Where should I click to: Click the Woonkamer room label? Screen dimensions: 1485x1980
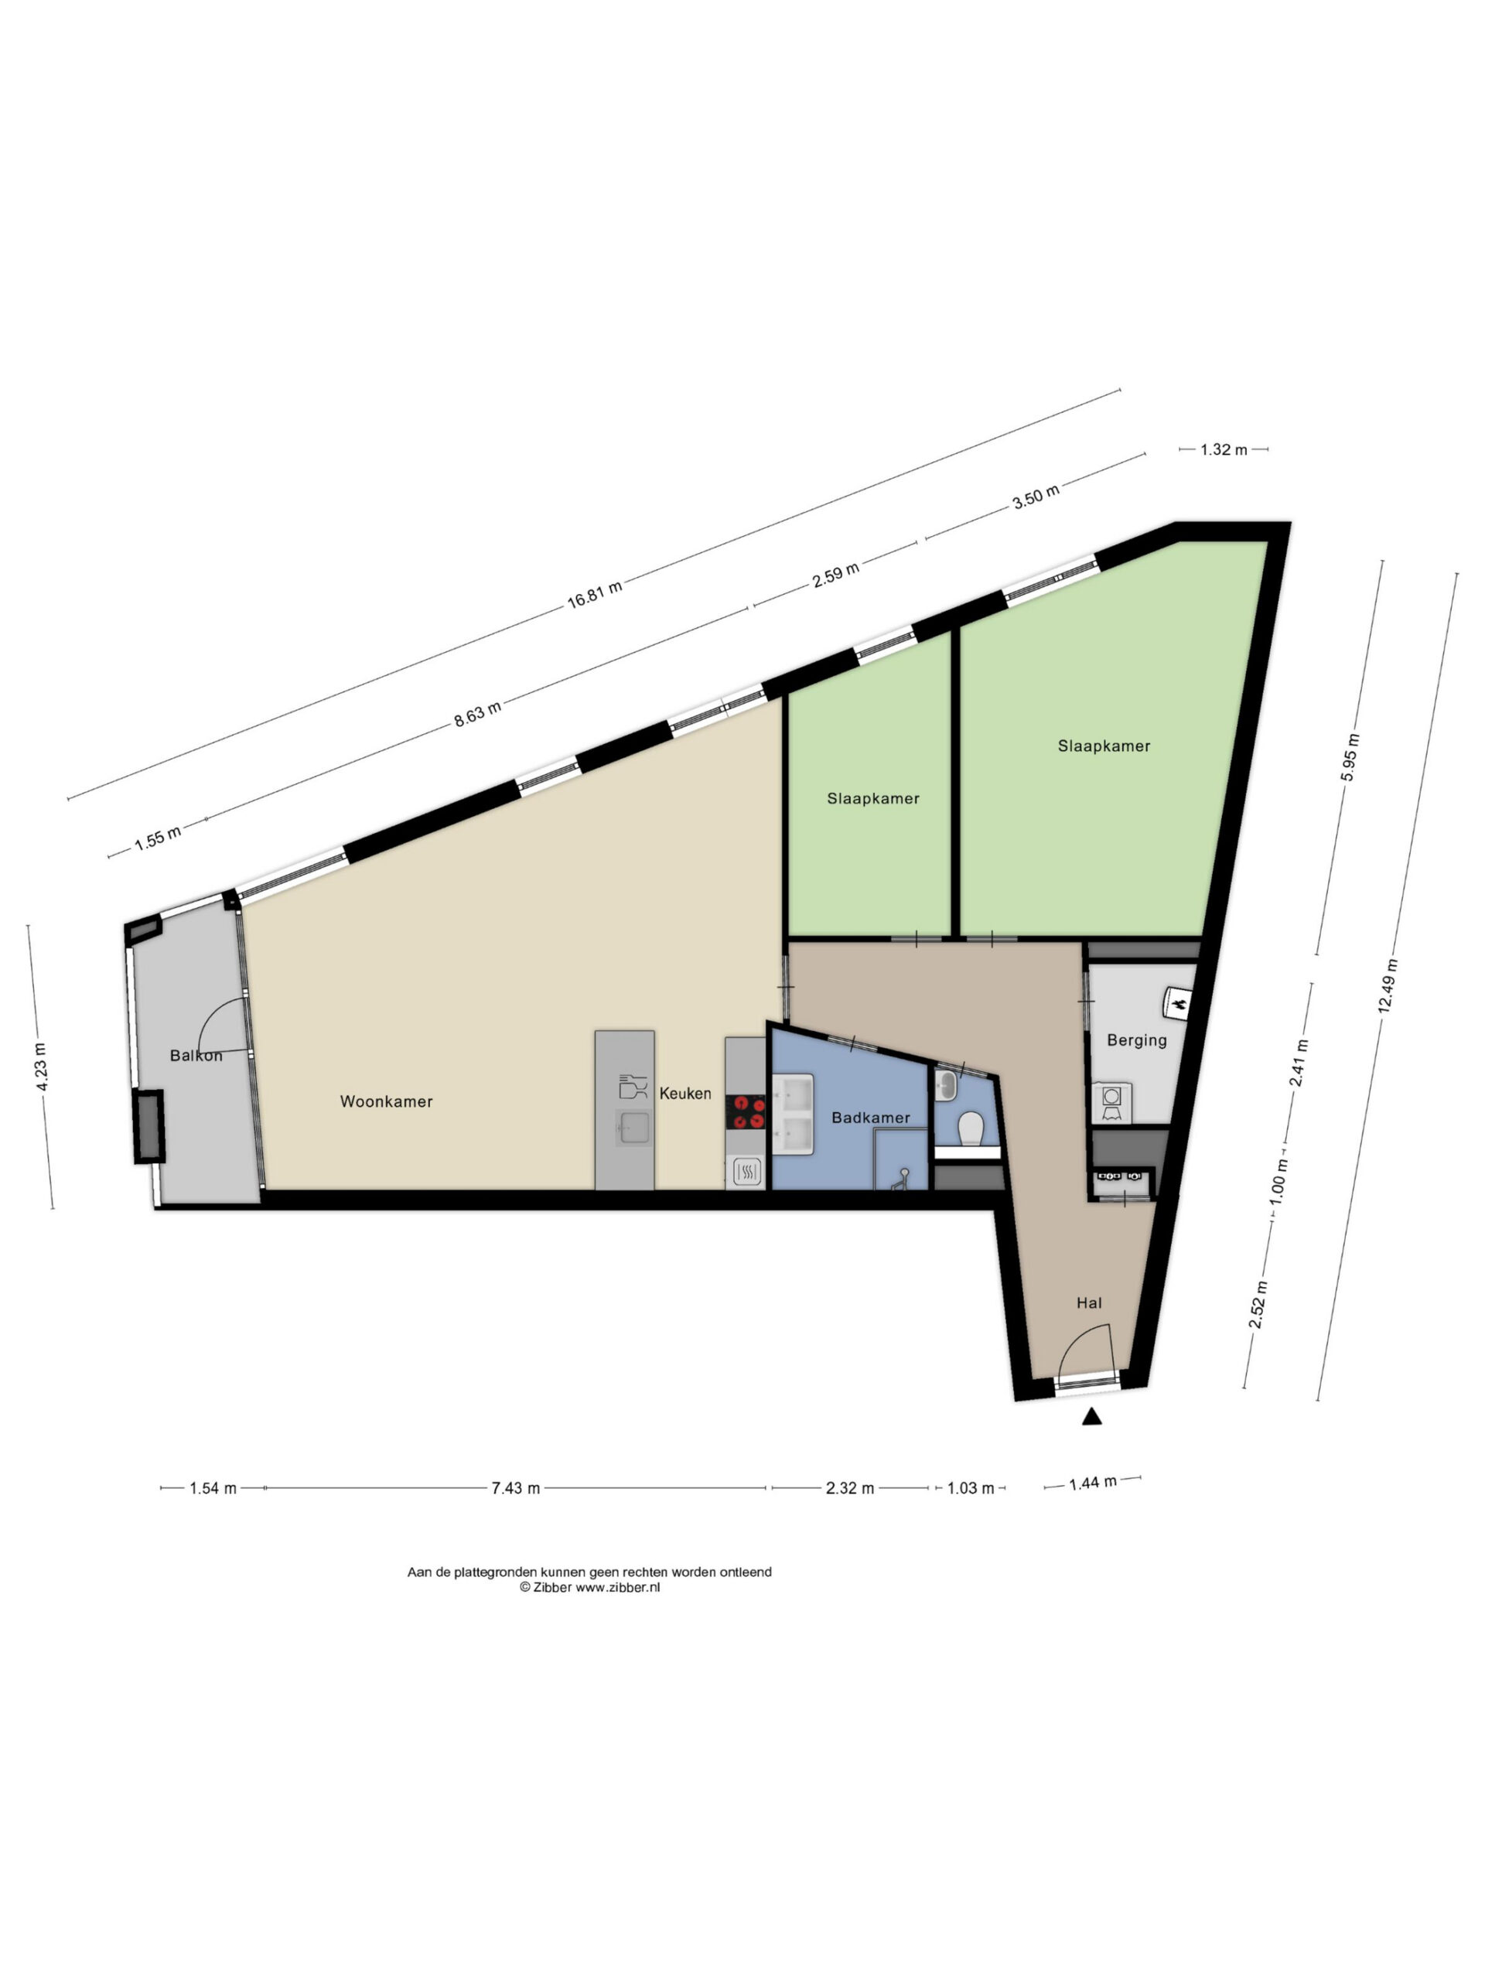(386, 1102)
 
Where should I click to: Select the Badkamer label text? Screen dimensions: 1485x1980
(870, 1117)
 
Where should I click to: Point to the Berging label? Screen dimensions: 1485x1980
(1137, 1040)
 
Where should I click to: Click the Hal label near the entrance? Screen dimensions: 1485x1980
(1089, 1303)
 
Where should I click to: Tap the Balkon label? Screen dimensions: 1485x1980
(196, 1055)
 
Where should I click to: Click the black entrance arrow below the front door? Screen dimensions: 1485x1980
(1091, 1416)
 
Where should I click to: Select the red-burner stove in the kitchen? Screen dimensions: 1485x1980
(746, 1113)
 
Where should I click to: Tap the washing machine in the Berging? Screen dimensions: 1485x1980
(1111, 1103)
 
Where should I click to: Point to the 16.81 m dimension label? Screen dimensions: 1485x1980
(594, 593)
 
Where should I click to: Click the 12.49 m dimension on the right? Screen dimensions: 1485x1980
(1388, 985)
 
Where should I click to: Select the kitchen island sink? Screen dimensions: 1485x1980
(635, 1128)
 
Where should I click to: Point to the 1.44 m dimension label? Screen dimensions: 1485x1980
(1093, 1483)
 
